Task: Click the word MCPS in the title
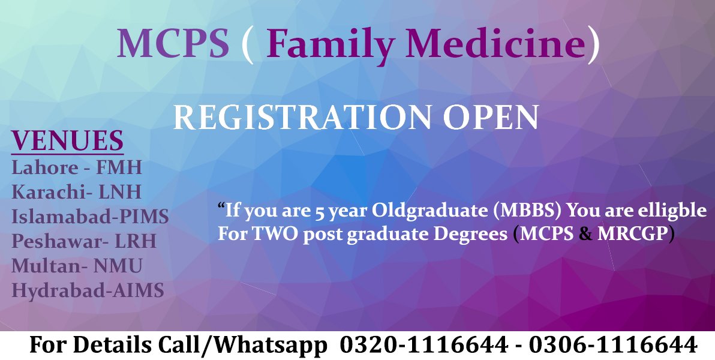point(173,44)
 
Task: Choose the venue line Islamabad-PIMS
point(90,216)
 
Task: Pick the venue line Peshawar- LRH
point(84,241)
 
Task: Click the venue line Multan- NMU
point(77,266)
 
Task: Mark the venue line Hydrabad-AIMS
point(88,291)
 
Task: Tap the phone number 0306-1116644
point(614,345)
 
